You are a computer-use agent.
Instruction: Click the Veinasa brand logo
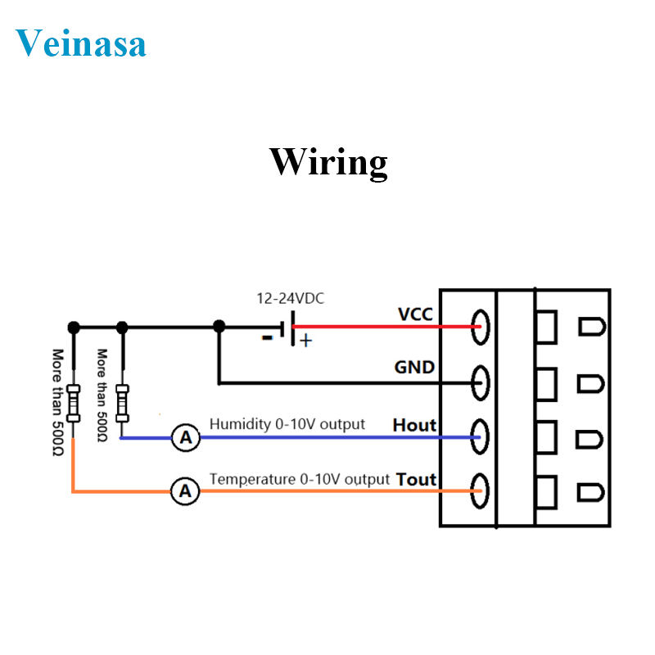(80, 42)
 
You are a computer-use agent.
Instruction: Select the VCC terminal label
(415, 314)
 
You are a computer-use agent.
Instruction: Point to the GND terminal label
(415, 368)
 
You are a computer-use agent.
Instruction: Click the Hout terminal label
(415, 425)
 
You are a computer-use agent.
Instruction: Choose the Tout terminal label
(416, 479)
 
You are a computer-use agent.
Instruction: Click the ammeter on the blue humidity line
(186, 439)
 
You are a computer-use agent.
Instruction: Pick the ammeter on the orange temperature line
(186, 491)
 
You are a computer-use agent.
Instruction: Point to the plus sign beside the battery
(305, 341)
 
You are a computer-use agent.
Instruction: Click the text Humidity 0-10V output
(287, 424)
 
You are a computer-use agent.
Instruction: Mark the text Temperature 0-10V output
(299, 478)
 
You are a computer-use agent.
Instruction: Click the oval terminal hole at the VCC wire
(481, 327)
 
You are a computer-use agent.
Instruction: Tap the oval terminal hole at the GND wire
(481, 382)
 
